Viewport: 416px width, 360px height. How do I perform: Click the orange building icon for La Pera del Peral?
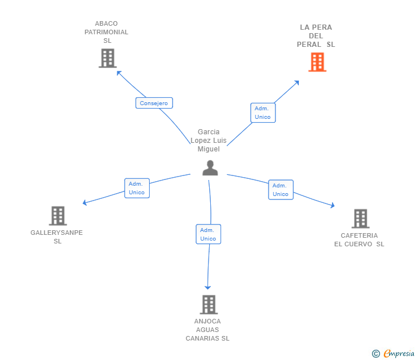317,62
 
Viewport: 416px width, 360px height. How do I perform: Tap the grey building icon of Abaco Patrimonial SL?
107,58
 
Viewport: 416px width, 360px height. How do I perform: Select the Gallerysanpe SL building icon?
58,216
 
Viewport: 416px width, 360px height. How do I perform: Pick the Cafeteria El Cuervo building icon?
360,218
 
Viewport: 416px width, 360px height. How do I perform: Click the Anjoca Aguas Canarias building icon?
209,305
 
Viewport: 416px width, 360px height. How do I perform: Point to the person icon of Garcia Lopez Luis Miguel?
210,168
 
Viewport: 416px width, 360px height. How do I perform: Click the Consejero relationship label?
154,103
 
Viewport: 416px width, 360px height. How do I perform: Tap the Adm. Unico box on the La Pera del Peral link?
263,113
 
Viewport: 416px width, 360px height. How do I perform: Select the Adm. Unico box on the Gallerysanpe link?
137,188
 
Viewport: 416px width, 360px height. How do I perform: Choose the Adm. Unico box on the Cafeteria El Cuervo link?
281,190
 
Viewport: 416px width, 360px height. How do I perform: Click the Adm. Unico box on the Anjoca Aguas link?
208,234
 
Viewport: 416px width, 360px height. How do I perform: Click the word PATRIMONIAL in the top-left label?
106,32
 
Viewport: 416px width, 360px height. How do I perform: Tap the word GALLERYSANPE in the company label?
57,233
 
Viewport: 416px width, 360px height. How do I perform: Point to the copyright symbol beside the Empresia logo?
375,354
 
